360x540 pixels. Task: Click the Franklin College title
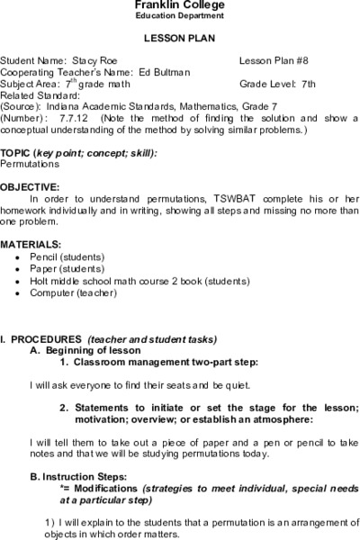(x=180, y=6)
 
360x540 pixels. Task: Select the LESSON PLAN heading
(x=179, y=39)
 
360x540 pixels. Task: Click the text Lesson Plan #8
(x=274, y=61)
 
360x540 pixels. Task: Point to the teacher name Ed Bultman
(x=165, y=71)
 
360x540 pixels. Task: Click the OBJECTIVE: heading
(x=31, y=188)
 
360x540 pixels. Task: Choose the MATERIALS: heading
(x=31, y=245)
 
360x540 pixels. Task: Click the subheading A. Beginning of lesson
(x=85, y=350)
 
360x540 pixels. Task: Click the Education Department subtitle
(x=180, y=17)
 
